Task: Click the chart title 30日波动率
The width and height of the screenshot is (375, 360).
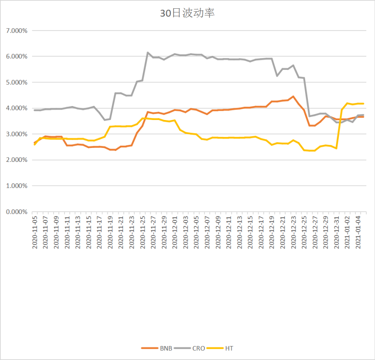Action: (187, 14)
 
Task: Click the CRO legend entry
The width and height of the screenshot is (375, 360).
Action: (198, 348)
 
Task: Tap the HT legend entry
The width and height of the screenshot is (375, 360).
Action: (229, 348)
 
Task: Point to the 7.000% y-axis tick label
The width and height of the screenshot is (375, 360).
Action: (17, 31)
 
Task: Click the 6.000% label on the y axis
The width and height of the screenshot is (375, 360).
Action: (17, 57)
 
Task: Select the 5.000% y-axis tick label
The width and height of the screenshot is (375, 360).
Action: (17, 82)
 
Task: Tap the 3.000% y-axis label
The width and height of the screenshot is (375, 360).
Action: (17, 134)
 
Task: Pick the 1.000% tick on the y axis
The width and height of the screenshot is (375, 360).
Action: (17, 186)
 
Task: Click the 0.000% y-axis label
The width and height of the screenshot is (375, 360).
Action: (17, 212)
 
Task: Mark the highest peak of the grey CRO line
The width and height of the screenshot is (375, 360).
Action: (148, 52)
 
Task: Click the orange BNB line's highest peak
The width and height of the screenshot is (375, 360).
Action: (293, 96)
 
